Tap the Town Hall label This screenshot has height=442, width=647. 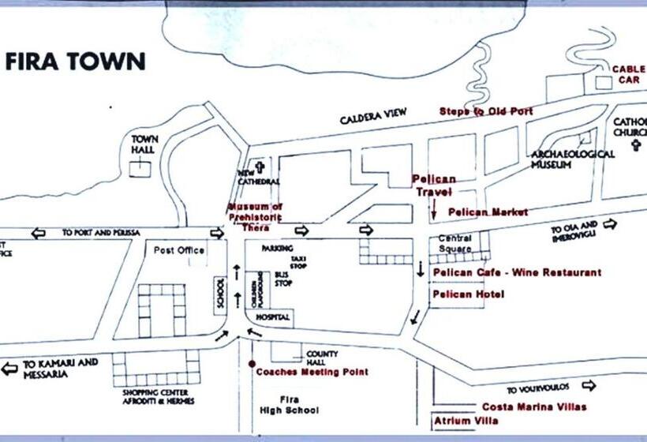pyautogui.click(x=144, y=144)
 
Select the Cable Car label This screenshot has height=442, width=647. pyautogui.click(x=631, y=74)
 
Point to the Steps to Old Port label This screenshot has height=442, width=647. pyautogui.click(x=486, y=111)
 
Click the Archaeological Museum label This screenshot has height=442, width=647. pyautogui.click(x=573, y=159)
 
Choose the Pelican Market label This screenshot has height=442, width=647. pyautogui.click(x=488, y=212)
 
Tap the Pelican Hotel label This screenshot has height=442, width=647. pyautogui.click(x=469, y=294)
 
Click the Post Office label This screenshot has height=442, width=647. pyautogui.click(x=179, y=250)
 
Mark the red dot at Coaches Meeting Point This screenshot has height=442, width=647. pyautogui.click(x=252, y=364)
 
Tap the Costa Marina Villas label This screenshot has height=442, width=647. pyautogui.click(x=534, y=406)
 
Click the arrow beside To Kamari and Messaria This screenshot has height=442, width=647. pyautogui.click(x=9, y=369)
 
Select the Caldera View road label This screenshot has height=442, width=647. pyautogui.click(x=373, y=118)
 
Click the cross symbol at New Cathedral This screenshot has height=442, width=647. pyautogui.click(x=258, y=167)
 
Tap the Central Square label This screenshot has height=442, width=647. pyautogui.click(x=454, y=244)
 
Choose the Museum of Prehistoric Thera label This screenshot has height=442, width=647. pyautogui.click(x=255, y=216)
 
